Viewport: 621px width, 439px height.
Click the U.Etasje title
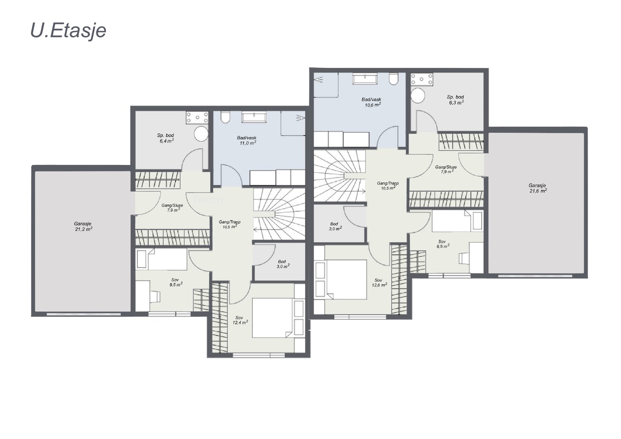coord(68,31)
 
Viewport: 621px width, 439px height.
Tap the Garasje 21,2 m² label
coord(83,226)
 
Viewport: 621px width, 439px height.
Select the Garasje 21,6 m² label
coord(538,188)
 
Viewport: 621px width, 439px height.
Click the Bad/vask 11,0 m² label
coord(247,141)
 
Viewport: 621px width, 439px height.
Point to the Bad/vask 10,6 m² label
coord(372,102)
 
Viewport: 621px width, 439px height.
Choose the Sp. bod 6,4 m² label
coord(166,138)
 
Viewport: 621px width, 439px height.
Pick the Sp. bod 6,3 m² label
coord(456,99)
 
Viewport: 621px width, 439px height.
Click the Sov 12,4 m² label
coord(240,320)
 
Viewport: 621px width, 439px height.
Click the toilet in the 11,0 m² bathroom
coord(226,117)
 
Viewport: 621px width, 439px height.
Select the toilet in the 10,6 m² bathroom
coord(394,79)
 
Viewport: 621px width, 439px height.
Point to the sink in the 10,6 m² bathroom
coord(365,78)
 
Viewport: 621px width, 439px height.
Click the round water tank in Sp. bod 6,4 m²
coord(201,134)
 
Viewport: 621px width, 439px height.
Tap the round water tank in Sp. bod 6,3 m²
coord(418,95)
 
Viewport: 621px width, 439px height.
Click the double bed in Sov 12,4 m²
coord(272,318)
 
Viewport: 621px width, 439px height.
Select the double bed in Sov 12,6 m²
coord(347,279)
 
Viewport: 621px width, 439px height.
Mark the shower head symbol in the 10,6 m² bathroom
coord(319,80)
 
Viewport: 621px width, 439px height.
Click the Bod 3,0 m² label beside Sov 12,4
coord(283,264)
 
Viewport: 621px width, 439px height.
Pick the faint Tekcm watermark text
coord(207,200)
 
